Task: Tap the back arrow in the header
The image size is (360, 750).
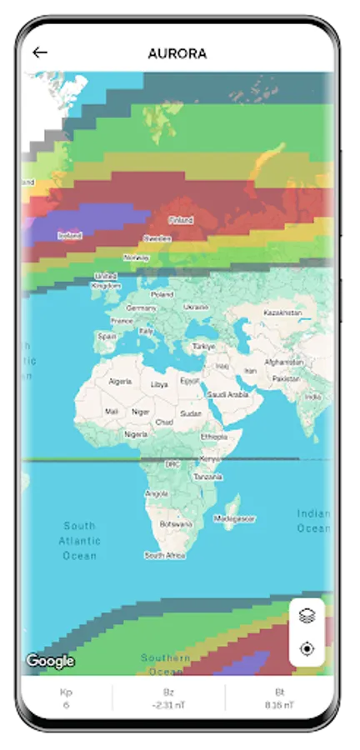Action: click(39, 52)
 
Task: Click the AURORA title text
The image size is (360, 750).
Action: click(177, 53)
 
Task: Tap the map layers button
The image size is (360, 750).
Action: click(307, 617)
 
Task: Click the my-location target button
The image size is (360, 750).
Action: click(307, 648)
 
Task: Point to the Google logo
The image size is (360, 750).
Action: click(50, 662)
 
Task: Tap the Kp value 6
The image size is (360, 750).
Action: click(66, 706)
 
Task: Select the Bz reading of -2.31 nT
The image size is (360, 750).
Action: click(168, 706)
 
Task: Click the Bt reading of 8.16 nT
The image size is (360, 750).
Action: click(280, 706)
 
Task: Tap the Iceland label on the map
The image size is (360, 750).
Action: click(70, 235)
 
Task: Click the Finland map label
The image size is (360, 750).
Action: click(180, 220)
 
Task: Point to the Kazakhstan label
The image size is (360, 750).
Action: click(282, 312)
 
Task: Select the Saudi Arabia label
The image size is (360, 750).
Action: click(227, 394)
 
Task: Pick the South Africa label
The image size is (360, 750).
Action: click(164, 555)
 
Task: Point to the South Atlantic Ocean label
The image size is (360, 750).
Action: click(79, 540)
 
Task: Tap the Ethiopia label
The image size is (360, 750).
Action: click(213, 437)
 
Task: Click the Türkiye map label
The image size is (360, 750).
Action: click(203, 346)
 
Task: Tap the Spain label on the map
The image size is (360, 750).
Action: click(107, 337)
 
